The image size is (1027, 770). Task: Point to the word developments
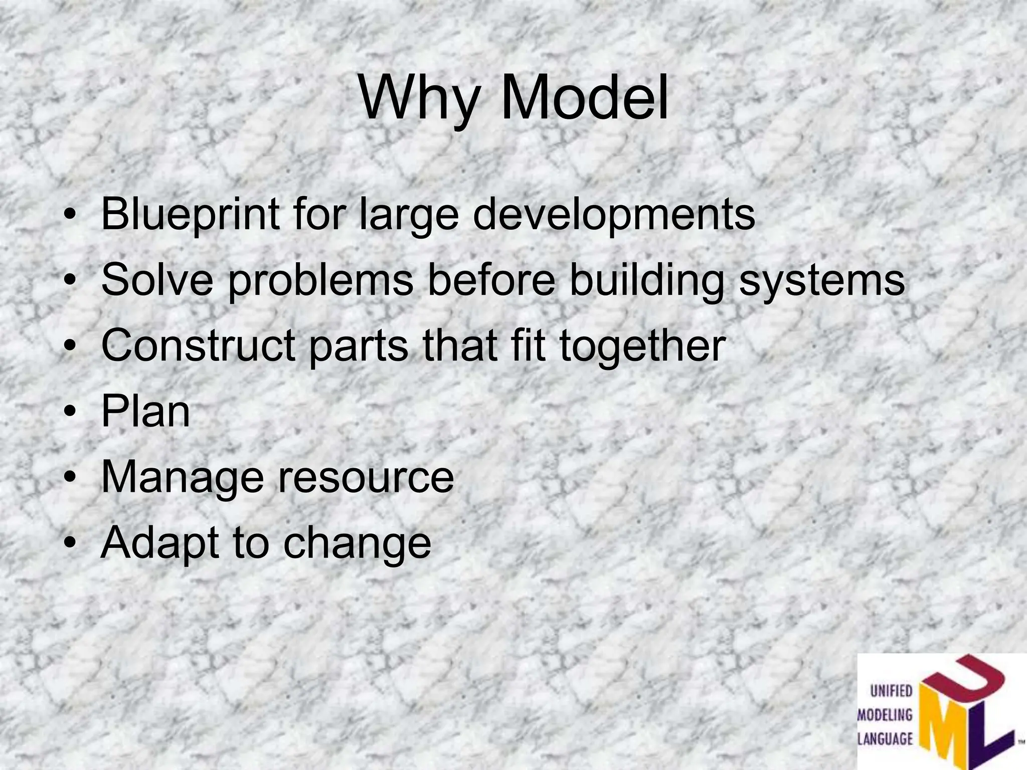pyautogui.click(x=614, y=215)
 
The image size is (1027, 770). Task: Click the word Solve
pyautogui.click(x=157, y=280)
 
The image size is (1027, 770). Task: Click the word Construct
pyautogui.click(x=198, y=345)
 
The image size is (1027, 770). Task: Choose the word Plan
pyautogui.click(x=145, y=412)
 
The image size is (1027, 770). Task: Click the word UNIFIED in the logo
pyautogui.click(x=891, y=692)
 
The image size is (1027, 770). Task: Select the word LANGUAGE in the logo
pyautogui.click(x=885, y=738)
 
